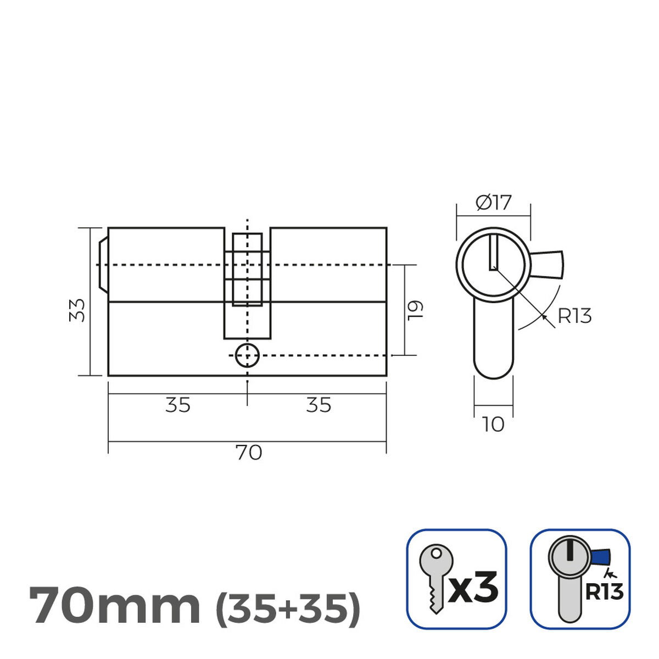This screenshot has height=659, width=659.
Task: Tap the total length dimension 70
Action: click(248, 453)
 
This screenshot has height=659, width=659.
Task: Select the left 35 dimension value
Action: click(177, 405)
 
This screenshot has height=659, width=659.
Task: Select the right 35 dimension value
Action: click(319, 405)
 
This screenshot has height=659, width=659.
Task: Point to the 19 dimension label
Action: click(415, 310)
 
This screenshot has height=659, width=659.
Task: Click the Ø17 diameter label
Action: click(493, 203)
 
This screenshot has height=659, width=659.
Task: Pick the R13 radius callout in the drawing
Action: click(574, 316)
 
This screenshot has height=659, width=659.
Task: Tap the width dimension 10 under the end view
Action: click(493, 425)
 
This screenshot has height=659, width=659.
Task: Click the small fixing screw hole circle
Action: click(247, 356)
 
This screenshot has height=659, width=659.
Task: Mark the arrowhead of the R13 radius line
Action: click(544, 316)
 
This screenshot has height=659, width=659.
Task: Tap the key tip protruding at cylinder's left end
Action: click(102, 264)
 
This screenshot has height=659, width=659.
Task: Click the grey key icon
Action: click(435, 577)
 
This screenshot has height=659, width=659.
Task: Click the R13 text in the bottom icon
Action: click(604, 592)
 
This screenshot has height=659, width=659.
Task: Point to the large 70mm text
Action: click(114, 606)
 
